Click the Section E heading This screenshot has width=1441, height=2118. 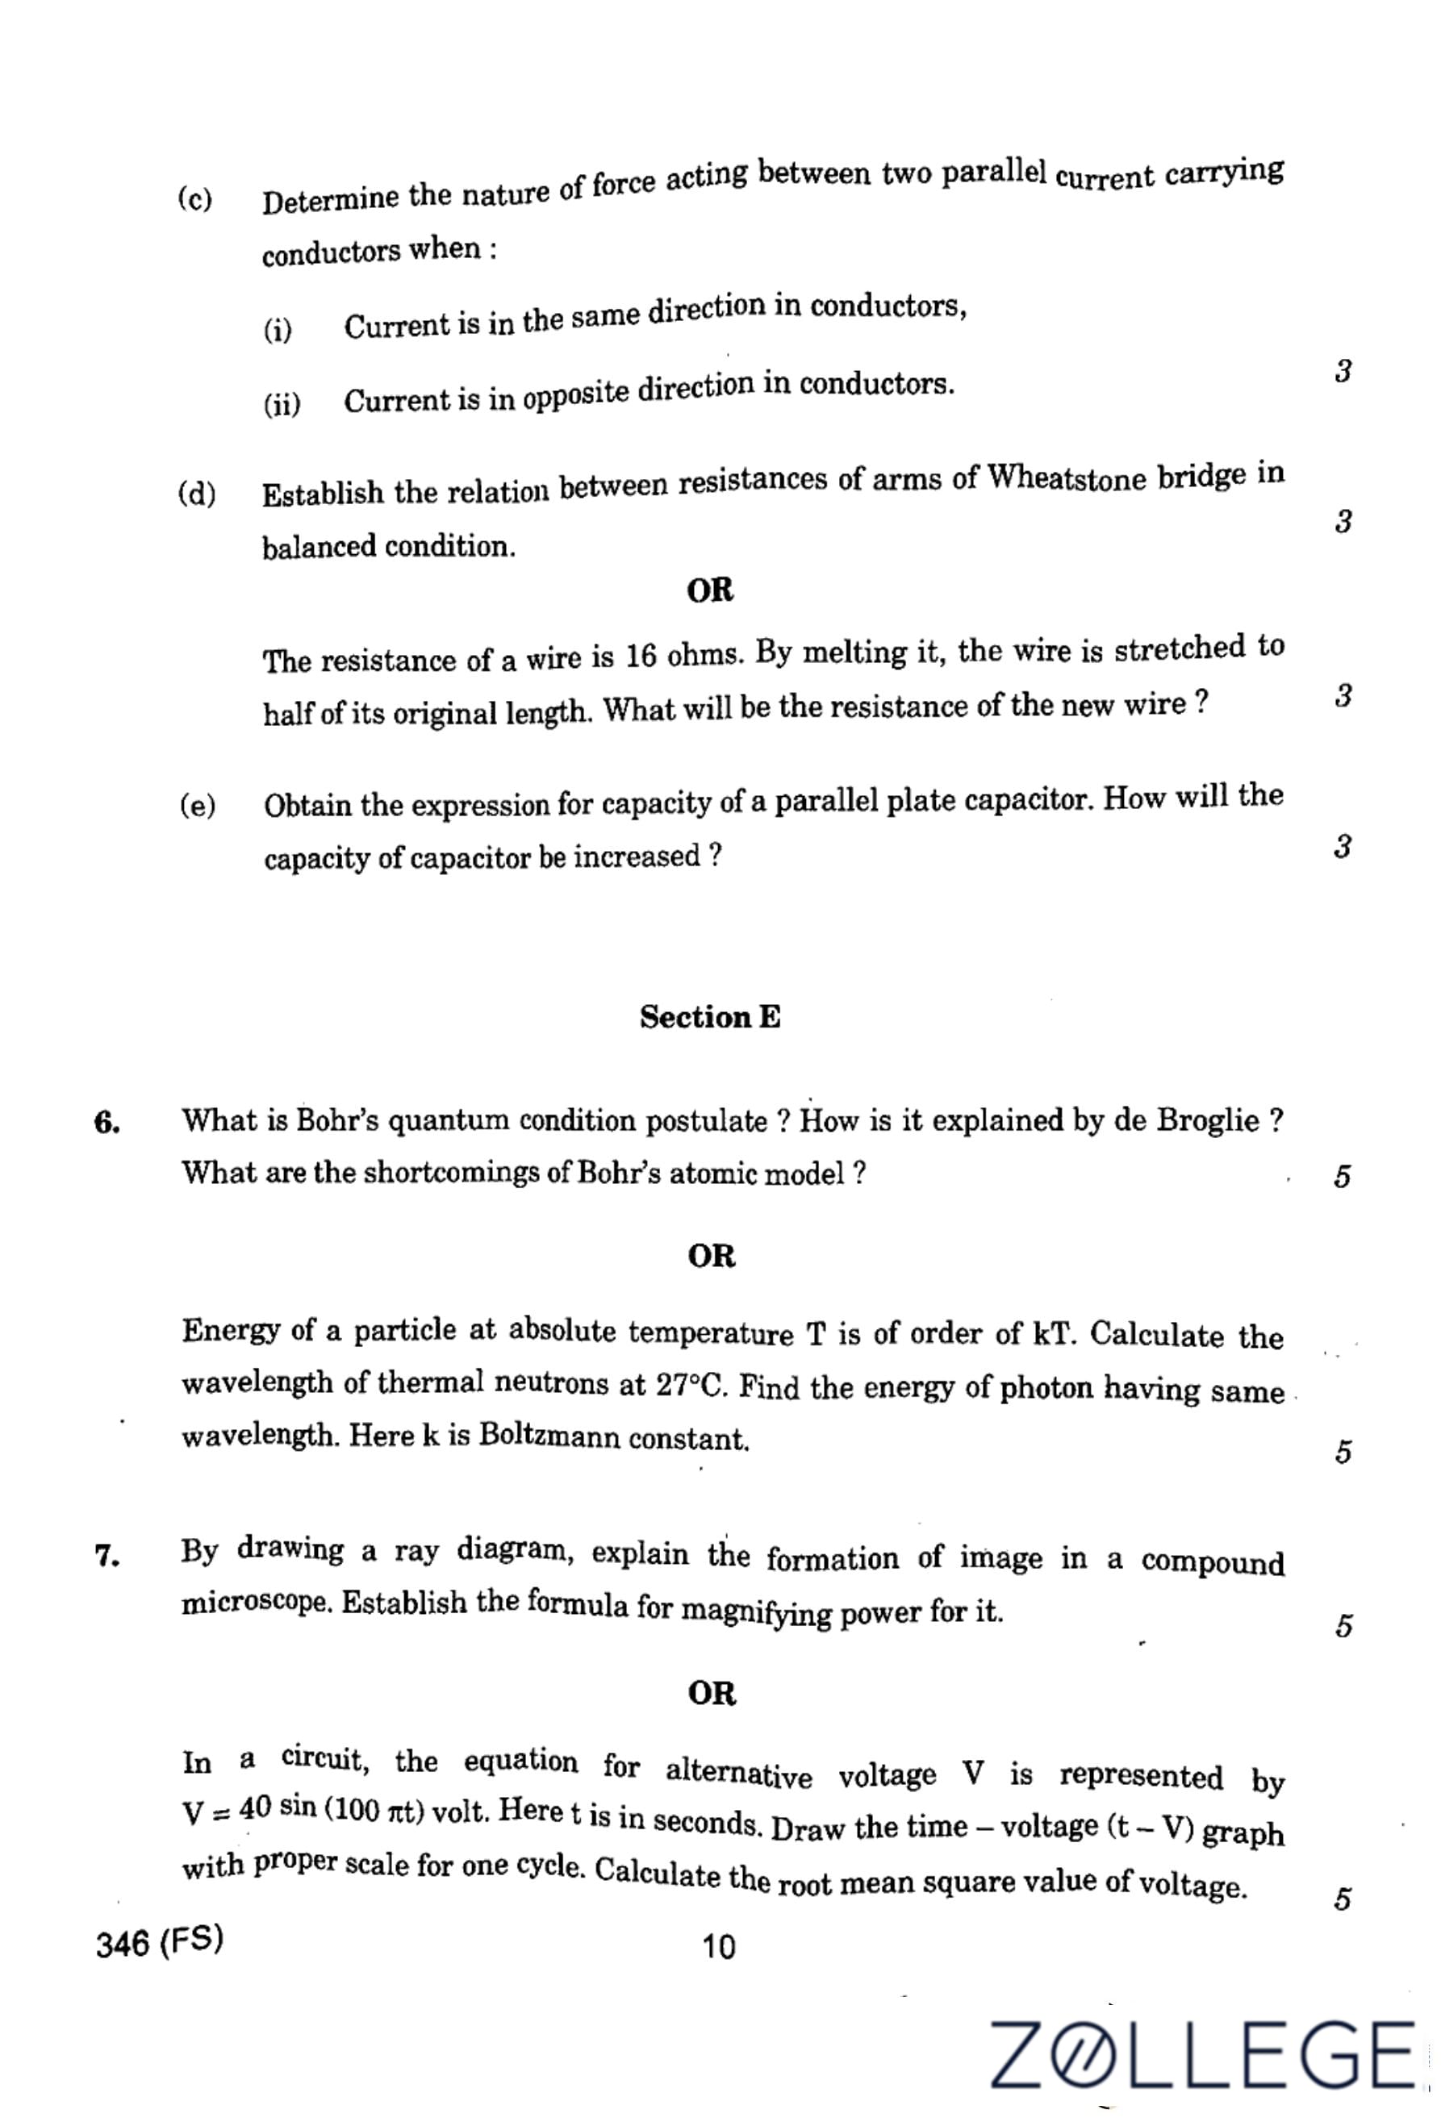pyautogui.click(x=709, y=1017)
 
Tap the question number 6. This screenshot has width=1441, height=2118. pyautogui.click(x=107, y=1123)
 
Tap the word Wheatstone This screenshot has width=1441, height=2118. pyautogui.click(x=1067, y=477)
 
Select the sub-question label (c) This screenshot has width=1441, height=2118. pyautogui.click(x=195, y=198)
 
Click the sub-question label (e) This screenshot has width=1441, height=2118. pyautogui.click(x=198, y=806)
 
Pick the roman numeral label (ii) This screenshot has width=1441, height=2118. pyautogui.click(x=282, y=404)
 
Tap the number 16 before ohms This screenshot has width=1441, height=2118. pyautogui.click(x=641, y=657)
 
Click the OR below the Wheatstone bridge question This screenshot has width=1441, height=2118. pyautogui.click(x=709, y=590)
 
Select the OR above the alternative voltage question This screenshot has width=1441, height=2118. pyautogui.click(x=711, y=1693)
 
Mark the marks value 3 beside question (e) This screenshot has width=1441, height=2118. pyautogui.click(x=1342, y=847)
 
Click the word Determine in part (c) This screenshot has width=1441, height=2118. pyautogui.click(x=330, y=199)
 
